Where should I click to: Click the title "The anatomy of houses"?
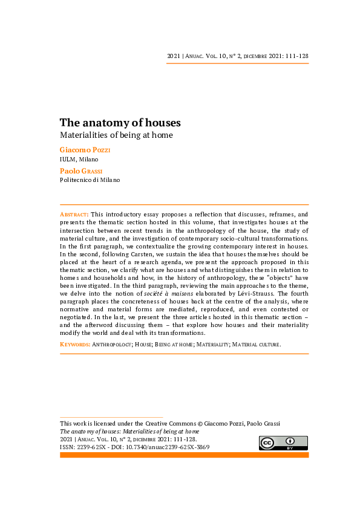[120, 123]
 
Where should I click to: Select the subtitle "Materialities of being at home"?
[116, 135]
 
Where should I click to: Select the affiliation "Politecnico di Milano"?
[90, 180]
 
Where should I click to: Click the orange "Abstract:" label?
[74, 215]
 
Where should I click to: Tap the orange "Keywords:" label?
[75, 344]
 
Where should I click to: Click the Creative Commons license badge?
[283, 443]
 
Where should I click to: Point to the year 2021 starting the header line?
[173, 56]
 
